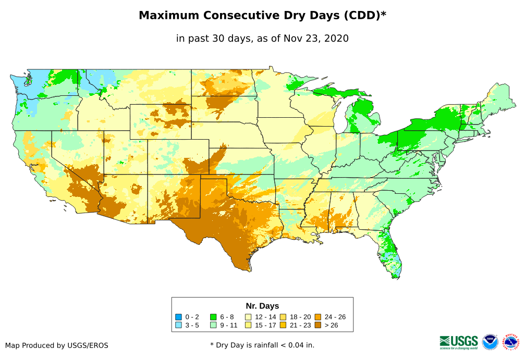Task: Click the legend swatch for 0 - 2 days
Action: [x=179, y=317]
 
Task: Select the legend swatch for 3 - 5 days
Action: [x=179, y=325]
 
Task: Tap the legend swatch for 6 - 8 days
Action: [x=213, y=317]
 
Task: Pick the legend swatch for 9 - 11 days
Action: [x=213, y=325]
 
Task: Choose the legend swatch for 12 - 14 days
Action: [x=248, y=317]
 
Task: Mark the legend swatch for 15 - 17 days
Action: [x=248, y=325]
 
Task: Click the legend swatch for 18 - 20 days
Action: [x=283, y=317]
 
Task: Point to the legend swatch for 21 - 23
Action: [x=283, y=325]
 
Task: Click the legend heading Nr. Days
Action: [x=262, y=306]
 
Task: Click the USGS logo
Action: [x=459, y=342]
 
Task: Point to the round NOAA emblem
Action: [x=491, y=342]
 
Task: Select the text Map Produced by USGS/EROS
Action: [x=57, y=345]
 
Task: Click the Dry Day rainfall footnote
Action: [x=262, y=345]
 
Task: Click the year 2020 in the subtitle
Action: [x=336, y=39]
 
